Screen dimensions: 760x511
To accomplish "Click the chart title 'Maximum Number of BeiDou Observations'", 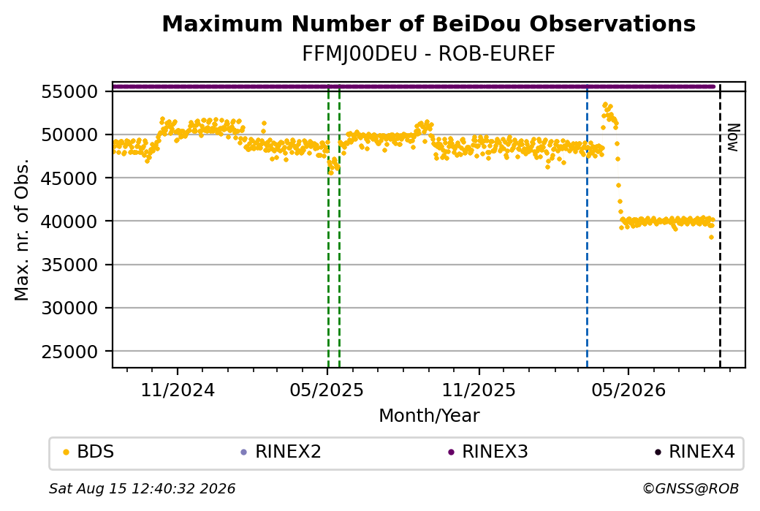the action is click(x=428, y=23).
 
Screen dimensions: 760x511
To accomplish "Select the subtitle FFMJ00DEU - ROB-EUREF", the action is click(x=428, y=54).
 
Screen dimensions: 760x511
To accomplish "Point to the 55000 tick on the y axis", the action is click(x=69, y=91).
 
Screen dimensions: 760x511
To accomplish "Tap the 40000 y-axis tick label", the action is click(x=69, y=222).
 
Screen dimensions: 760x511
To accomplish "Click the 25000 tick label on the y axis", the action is click(x=69, y=352).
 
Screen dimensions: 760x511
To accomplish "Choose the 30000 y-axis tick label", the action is click(x=69, y=308).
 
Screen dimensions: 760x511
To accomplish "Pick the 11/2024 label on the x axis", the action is click(x=178, y=390).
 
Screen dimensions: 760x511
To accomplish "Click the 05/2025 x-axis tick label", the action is click(x=327, y=390).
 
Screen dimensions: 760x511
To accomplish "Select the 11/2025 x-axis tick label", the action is click(x=479, y=390).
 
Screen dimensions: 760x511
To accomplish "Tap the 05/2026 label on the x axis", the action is click(x=628, y=390).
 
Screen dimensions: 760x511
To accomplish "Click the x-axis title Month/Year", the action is click(x=429, y=415).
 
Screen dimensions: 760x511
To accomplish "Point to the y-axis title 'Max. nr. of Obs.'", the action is click(x=22, y=230).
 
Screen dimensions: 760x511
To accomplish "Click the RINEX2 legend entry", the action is click(x=281, y=452).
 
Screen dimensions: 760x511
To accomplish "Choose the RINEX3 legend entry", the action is click(x=488, y=452).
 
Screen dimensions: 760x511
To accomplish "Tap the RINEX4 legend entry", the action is click(x=695, y=452).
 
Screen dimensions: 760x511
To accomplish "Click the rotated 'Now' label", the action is click(x=734, y=137).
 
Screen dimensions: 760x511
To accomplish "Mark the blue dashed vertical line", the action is click(x=587, y=225).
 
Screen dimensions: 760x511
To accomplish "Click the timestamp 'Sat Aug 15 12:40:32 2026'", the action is click(x=142, y=488).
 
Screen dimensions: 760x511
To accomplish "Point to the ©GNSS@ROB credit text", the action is click(x=691, y=488).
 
